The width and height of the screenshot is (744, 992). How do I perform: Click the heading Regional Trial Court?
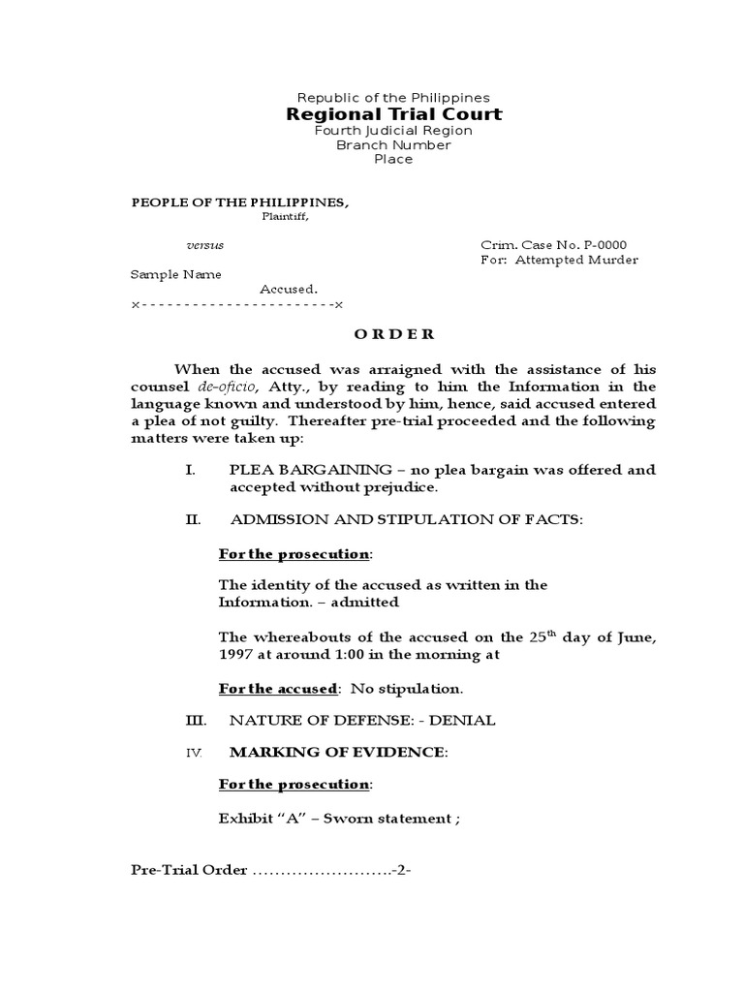(x=393, y=114)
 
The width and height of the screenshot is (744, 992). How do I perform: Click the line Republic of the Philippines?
(x=393, y=98)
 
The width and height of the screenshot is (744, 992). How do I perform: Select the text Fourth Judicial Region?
(x=393, y=131)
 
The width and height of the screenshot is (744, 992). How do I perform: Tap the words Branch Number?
(x=393, y=145)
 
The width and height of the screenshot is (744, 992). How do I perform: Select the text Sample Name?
(x=176, y=274)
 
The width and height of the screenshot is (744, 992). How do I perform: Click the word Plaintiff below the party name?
(x=286, y=216)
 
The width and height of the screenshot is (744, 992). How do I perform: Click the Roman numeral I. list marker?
(x=191, y=470)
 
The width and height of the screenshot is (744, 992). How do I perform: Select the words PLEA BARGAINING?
(x=290, y=470)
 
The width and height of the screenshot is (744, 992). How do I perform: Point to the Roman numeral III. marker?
(x=195, y=720)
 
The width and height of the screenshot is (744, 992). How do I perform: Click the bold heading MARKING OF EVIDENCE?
(x=337, y=752)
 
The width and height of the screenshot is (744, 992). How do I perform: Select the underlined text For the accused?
(x=278, y=689)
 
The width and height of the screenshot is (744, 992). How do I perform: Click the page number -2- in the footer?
(x=402, y=869)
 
